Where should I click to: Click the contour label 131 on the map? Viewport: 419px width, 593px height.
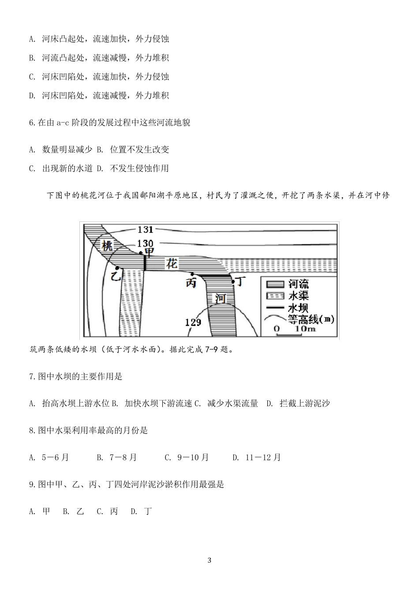pyautogui.click(x=145, y=229)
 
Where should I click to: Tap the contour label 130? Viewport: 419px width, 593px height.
pyautogui.click(x=145, y=243)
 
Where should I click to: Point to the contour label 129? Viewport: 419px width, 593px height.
pyautogui.click(x=193, y=322)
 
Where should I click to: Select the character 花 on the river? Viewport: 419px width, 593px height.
pyautogui.click(x=172, y=264)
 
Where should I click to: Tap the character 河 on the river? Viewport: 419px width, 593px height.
pyautogui.click(x=221, y=298)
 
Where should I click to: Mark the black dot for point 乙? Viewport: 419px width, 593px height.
pyautogui.click(x=117, y=268)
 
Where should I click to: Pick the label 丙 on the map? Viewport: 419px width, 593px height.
pyautogui.click(x=191, y=283)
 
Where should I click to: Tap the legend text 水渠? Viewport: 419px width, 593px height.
pyautogui.click(x=298, y=295)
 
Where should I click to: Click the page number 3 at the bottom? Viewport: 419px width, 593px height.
pyautogui.click(x=209, y=561)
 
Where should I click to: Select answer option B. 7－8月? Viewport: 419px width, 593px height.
pyautogui.click(x=117, y=457)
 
